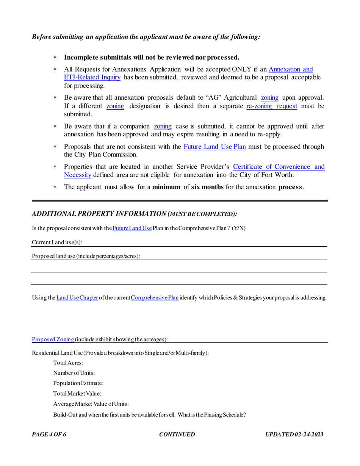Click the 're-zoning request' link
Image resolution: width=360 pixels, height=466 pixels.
pyautogui.click(x=271, y=106)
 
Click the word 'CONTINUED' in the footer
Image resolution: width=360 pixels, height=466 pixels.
pyautogui.click(x=177, y=435)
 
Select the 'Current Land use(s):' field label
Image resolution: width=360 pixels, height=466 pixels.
pyautogui.click(x=57, y=242)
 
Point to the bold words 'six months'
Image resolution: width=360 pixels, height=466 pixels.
pyautogui.click(x=207, y=187)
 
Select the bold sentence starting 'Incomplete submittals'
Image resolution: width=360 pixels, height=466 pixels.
pyautogui.click(x=152, y=58)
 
